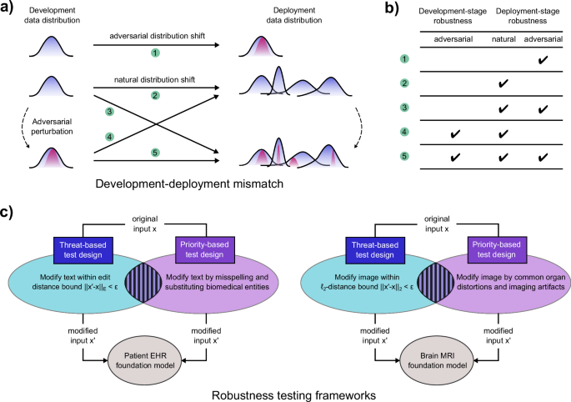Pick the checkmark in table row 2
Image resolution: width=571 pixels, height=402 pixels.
[503, 84]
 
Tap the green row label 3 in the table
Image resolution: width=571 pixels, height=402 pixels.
[404, 108]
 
